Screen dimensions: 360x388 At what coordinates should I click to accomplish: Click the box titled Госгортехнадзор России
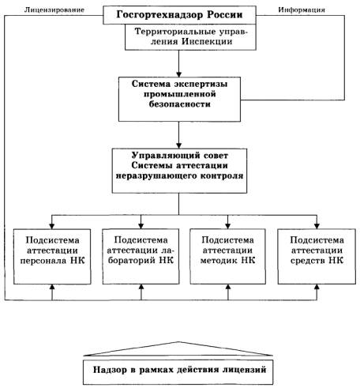click(179, 15)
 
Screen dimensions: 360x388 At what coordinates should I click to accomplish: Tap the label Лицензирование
click(54, 10)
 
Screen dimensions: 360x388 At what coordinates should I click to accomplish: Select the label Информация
click(302, 10)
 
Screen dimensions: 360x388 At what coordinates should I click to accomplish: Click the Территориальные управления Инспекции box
click(190, 37)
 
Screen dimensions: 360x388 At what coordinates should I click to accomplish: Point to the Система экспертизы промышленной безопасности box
click(179, 99)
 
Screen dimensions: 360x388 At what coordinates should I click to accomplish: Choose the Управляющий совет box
click(179, 171)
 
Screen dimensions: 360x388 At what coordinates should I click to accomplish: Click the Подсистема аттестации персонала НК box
click(52, 256)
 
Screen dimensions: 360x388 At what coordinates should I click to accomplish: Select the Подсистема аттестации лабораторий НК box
click(141, 256)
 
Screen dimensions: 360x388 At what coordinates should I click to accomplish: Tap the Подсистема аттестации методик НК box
click(228, 256)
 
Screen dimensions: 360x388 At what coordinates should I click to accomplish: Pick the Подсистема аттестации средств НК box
click(317, 256)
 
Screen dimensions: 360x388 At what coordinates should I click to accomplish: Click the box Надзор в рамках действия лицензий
click(178, 372)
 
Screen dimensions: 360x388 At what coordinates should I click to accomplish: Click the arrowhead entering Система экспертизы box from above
click(179, 74)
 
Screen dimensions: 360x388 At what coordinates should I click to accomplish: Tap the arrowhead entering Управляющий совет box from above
click(179, 145)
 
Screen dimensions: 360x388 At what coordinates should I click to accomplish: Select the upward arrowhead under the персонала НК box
click(52, 287)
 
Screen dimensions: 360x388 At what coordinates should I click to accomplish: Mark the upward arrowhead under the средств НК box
click(317, 287)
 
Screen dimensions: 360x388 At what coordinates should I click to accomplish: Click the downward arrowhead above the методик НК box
click(228, 226)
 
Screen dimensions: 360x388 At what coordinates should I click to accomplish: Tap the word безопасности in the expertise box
click(180, 104)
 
